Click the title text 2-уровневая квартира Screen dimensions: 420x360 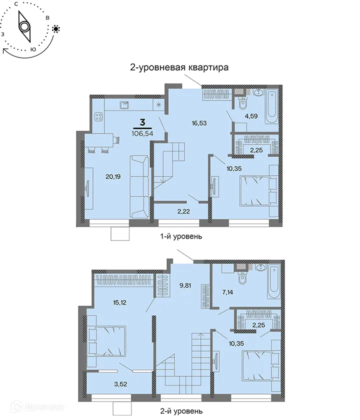179,68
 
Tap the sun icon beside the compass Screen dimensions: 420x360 56,29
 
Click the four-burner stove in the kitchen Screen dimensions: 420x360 98,116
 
